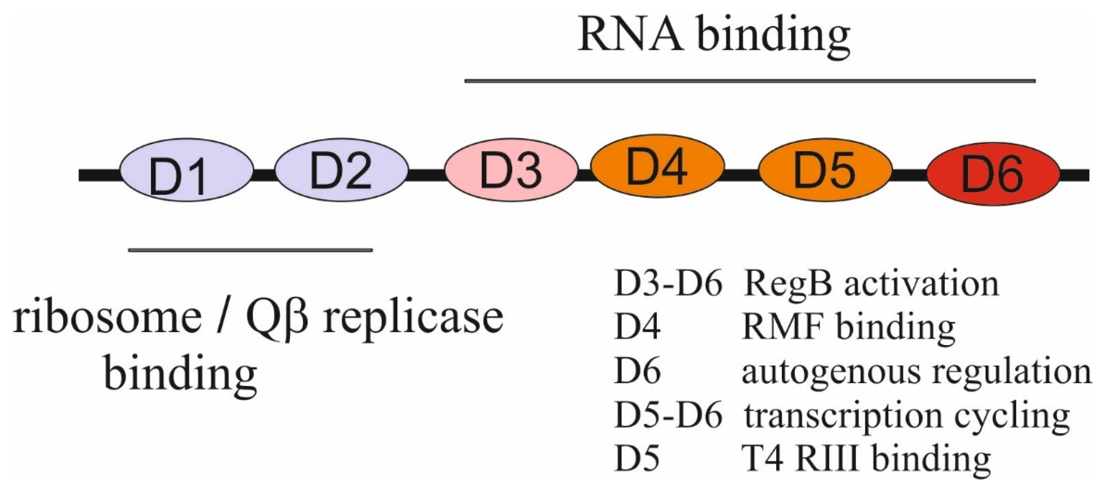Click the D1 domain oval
pyautogui.click(x=187, y=170)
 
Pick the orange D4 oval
pyautogui.click(x=657, y=166)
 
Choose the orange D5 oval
pyautogui.click(x=825, y=170)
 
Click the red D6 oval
pyautogui.click(x=993, y=173)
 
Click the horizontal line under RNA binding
pyautogui.click(x=750, y=81)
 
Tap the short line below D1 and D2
pyautogui.click(x=250, y=250)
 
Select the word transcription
pyautogui.click(x=843, y=417)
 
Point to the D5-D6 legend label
pyautogui.click(x=668, y=416)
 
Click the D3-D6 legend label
pyautogui.click(x=668, y=284)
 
